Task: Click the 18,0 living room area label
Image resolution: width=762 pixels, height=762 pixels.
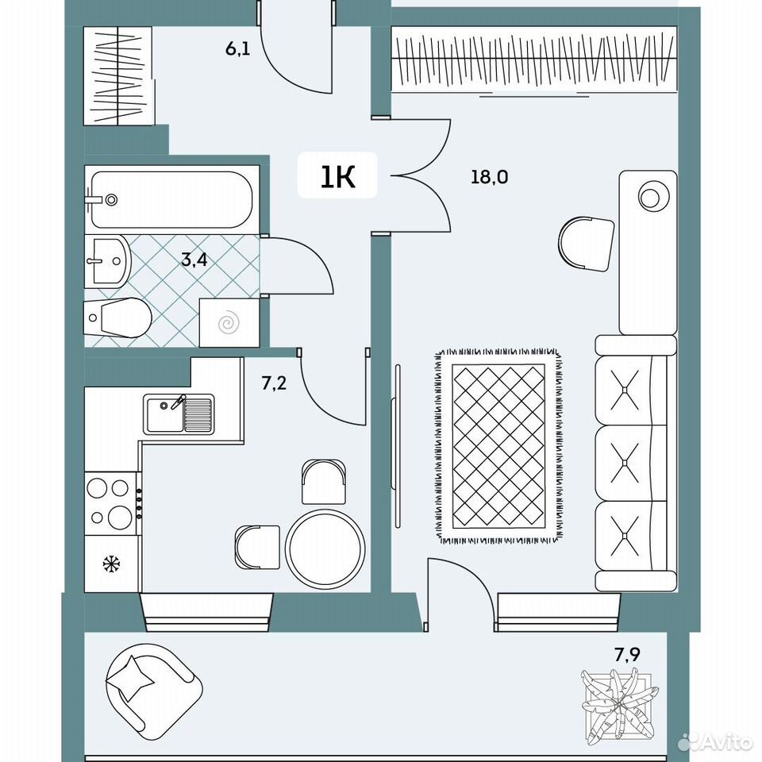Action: pyautogui.click(x=489, y=176)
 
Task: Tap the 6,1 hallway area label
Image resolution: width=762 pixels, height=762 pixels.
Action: pyautogui.click(x=237, y=48)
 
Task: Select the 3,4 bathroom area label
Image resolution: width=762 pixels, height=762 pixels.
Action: pyautogui.click(x=194, y=260)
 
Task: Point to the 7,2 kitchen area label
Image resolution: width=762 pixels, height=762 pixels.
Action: pyautogui.click(x=274, y=383)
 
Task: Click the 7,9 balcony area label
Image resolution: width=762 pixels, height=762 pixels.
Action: pyautogui.click(x=627, y=655)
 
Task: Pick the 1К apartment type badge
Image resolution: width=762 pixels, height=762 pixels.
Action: pyautogui.click(x=337, y=175)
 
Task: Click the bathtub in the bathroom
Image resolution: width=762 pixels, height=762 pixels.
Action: pyautogui.click(x=171, y=199)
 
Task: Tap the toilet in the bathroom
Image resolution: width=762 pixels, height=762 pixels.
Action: pyautogui.click(x=117, y=317)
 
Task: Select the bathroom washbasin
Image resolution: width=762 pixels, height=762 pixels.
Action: pyautogui.click(x=107, y=261)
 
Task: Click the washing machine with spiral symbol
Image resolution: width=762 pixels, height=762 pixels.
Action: pyautogui.click(x=229, y=323)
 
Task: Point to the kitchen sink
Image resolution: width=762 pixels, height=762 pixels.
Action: pyautogui.click(x=179, y=414)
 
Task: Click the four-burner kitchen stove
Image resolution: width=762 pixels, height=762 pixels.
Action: pyautogui.click(x=113, y=503)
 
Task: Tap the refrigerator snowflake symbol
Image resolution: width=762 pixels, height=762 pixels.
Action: pyautogui.click(x=111, y=564)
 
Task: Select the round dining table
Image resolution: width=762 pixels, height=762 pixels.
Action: pyautogui.click(x=325, y=548)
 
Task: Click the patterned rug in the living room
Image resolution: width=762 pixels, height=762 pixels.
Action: pyautogui.click(x=498, y=445)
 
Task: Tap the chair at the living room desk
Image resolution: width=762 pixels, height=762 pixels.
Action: pyautogui.click(x=586, y=244)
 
